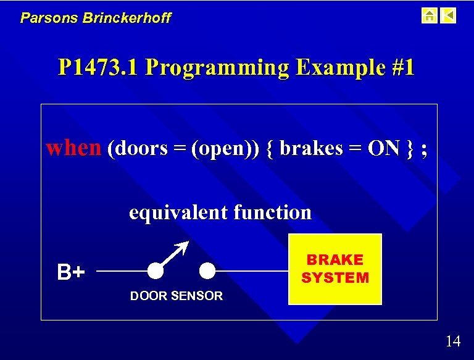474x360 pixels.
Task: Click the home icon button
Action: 429,15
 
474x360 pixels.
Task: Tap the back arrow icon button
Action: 449,15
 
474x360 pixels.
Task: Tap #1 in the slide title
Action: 402,67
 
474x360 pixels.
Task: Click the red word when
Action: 73,148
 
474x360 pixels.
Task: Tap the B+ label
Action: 71,272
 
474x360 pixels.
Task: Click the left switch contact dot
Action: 156,270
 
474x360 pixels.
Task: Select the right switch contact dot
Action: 207,270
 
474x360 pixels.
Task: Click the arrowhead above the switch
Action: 183,246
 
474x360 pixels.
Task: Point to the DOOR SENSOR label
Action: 176,296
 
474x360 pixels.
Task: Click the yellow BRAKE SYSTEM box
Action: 335,269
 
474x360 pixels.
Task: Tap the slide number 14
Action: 452,341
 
